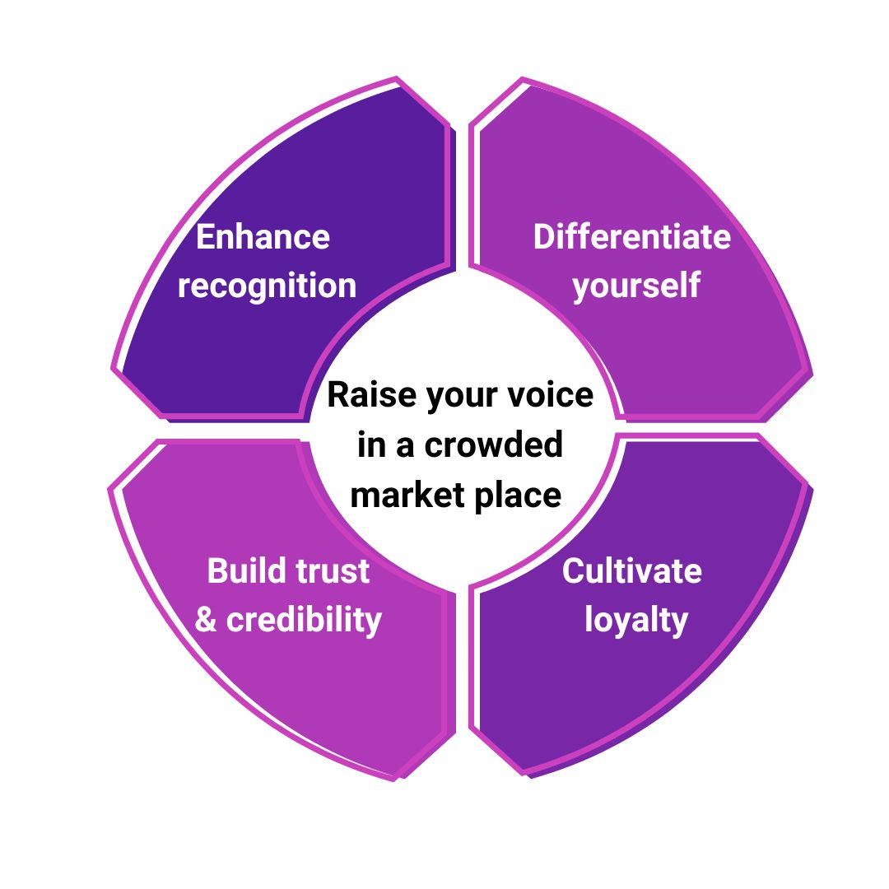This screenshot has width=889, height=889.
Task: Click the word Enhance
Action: (263, 237)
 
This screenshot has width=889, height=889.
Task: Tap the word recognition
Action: (267, 286)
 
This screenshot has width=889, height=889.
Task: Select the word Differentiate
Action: (631, 237)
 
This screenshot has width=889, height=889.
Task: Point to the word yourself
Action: (636, 286)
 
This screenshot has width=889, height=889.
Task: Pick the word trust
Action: (333, 570)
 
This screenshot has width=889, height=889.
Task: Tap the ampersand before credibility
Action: (206, 619)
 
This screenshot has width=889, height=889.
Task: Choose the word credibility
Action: (304, 619)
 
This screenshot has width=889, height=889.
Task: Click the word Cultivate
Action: (631, 570)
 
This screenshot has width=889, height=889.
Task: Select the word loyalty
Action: (636, 619)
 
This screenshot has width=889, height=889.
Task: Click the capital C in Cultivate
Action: (574, 570)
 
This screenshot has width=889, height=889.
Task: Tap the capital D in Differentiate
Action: (545, 237)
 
